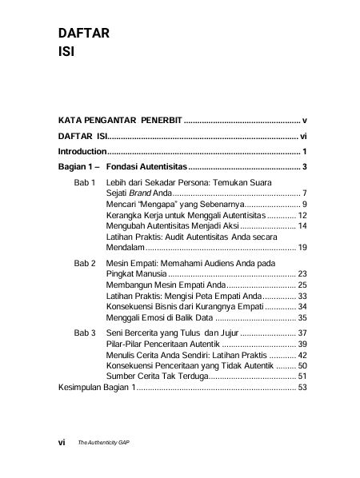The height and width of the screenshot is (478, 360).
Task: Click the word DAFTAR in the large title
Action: click(83, 34)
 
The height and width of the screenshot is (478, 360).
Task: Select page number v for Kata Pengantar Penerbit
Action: click(306, 120)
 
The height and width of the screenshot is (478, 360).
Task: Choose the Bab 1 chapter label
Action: click(85, 183)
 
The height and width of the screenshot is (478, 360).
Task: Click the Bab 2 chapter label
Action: click(85, 262)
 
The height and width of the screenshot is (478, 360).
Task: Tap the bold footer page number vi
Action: click(62, 440)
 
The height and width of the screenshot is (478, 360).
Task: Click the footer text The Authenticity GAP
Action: click(104, 441)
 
